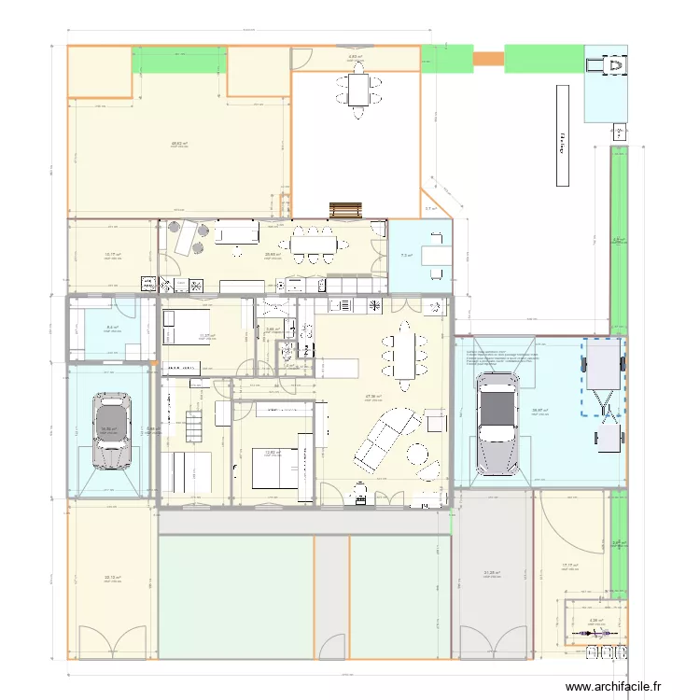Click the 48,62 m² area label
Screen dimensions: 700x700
tap(179, 144)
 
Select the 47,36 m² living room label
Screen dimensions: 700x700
tap(373, 397)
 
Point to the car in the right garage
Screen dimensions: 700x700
tap(497, 425)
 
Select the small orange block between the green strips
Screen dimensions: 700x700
tap(487, 59)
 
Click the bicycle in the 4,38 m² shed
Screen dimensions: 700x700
tap(595, 634)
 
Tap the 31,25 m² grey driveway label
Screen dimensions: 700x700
tap(492, 574)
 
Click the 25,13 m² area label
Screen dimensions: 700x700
tap(112, 578)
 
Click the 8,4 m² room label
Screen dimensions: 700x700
tap(112, 327)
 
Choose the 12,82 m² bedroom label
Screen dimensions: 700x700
tap(272, 453)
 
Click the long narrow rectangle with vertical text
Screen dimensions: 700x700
tap(563, 135)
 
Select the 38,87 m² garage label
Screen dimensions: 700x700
tap(539, 411)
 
